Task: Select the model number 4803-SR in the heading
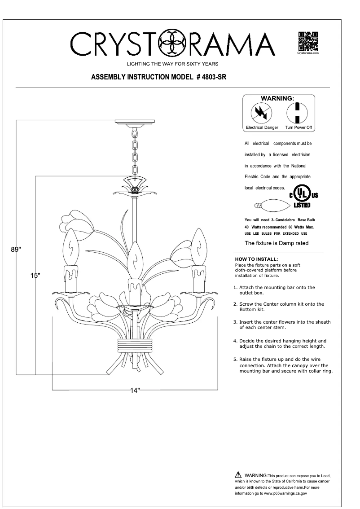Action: (214, 77)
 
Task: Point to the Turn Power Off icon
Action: (297, 113)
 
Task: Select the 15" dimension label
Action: (35, 275)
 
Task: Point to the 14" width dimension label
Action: (136, 390)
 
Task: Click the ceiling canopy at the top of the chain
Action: (135, 122)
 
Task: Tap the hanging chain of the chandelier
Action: (134, 150)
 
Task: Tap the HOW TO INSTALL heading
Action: (256, 259)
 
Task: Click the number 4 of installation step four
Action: (235, 341)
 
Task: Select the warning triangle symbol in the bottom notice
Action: (237, 475)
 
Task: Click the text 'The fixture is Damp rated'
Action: (276, 243)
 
